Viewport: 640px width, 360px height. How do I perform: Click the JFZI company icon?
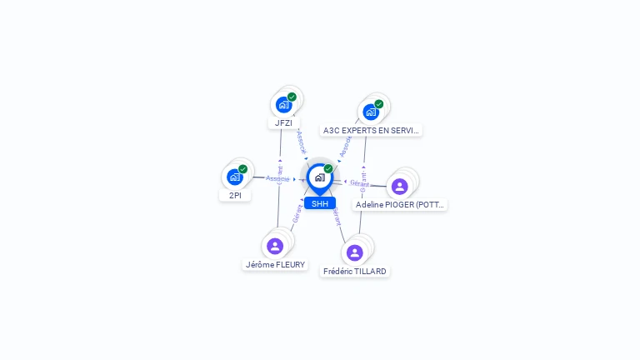point(284,105)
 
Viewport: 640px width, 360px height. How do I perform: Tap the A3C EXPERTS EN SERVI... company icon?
point(371,112)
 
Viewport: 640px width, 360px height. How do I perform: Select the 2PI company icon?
point(235,177)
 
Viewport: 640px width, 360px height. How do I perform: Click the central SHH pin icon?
point(319,177)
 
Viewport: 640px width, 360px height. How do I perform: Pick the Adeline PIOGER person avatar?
point(399,186)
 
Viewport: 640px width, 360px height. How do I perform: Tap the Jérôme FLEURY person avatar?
point(275,246)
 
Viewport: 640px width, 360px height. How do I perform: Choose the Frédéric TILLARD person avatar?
point(355,252)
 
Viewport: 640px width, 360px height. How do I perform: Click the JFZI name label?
point(284,122)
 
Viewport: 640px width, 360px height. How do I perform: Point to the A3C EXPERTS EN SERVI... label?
point(371,130)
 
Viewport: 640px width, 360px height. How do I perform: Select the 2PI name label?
point(235,195)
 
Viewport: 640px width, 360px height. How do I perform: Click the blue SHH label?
point(319,203)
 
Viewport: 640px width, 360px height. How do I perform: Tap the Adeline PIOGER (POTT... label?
point(400,204)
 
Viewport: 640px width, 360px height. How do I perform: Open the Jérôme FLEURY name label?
point(275,265)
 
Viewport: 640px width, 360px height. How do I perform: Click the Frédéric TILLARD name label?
point(355,271)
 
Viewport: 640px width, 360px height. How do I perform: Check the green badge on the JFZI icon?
point(292,97)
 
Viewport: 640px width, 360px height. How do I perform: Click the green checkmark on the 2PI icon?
point(242,169)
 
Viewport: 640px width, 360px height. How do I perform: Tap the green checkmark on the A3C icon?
point(379,104)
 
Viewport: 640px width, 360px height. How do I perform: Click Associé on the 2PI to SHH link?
point(277,178)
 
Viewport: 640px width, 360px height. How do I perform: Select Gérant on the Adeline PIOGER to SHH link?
point(359,183)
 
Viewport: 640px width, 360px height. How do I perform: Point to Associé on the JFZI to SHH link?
point(302,140)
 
